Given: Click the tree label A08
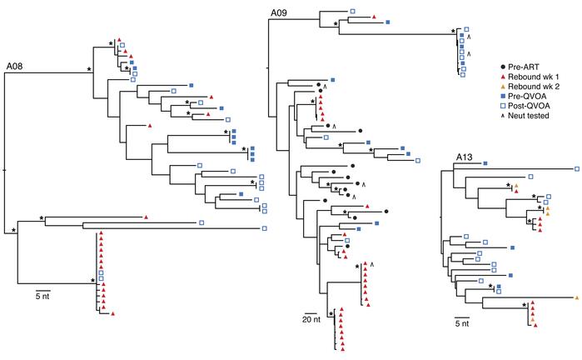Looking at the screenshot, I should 17,65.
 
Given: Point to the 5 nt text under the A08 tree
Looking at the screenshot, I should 42,294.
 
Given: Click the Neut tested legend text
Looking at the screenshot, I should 535,116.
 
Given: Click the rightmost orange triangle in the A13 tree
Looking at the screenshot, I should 576,297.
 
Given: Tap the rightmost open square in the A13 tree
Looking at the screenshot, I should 577,170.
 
